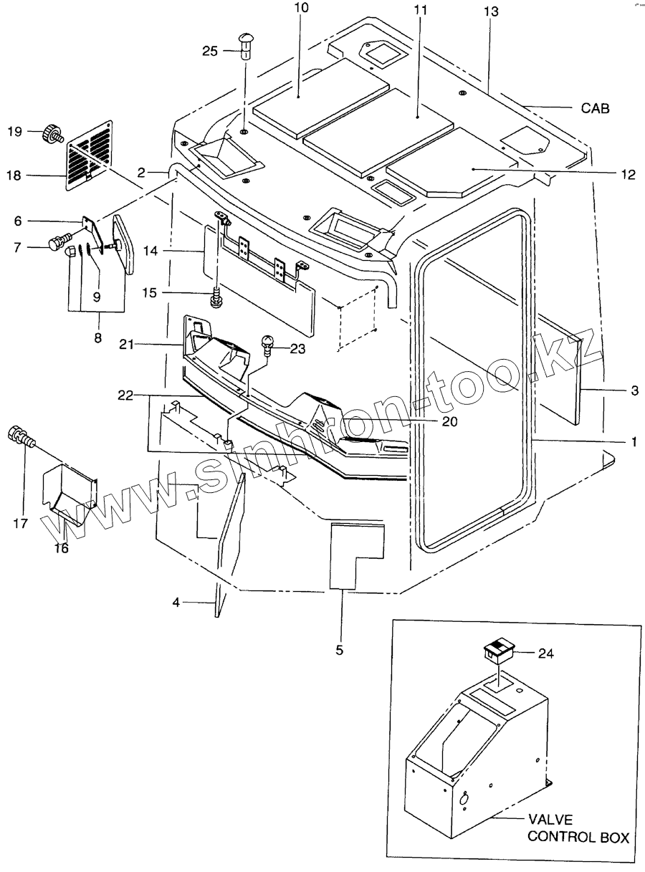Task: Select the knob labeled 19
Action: (53, 132)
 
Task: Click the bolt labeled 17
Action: (20, 436)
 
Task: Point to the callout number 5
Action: (340, 650)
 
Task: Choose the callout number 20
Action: (449, 421)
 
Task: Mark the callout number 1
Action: (633, 442)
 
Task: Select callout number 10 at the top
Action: (302, 9)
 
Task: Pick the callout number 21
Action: (128, 345)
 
